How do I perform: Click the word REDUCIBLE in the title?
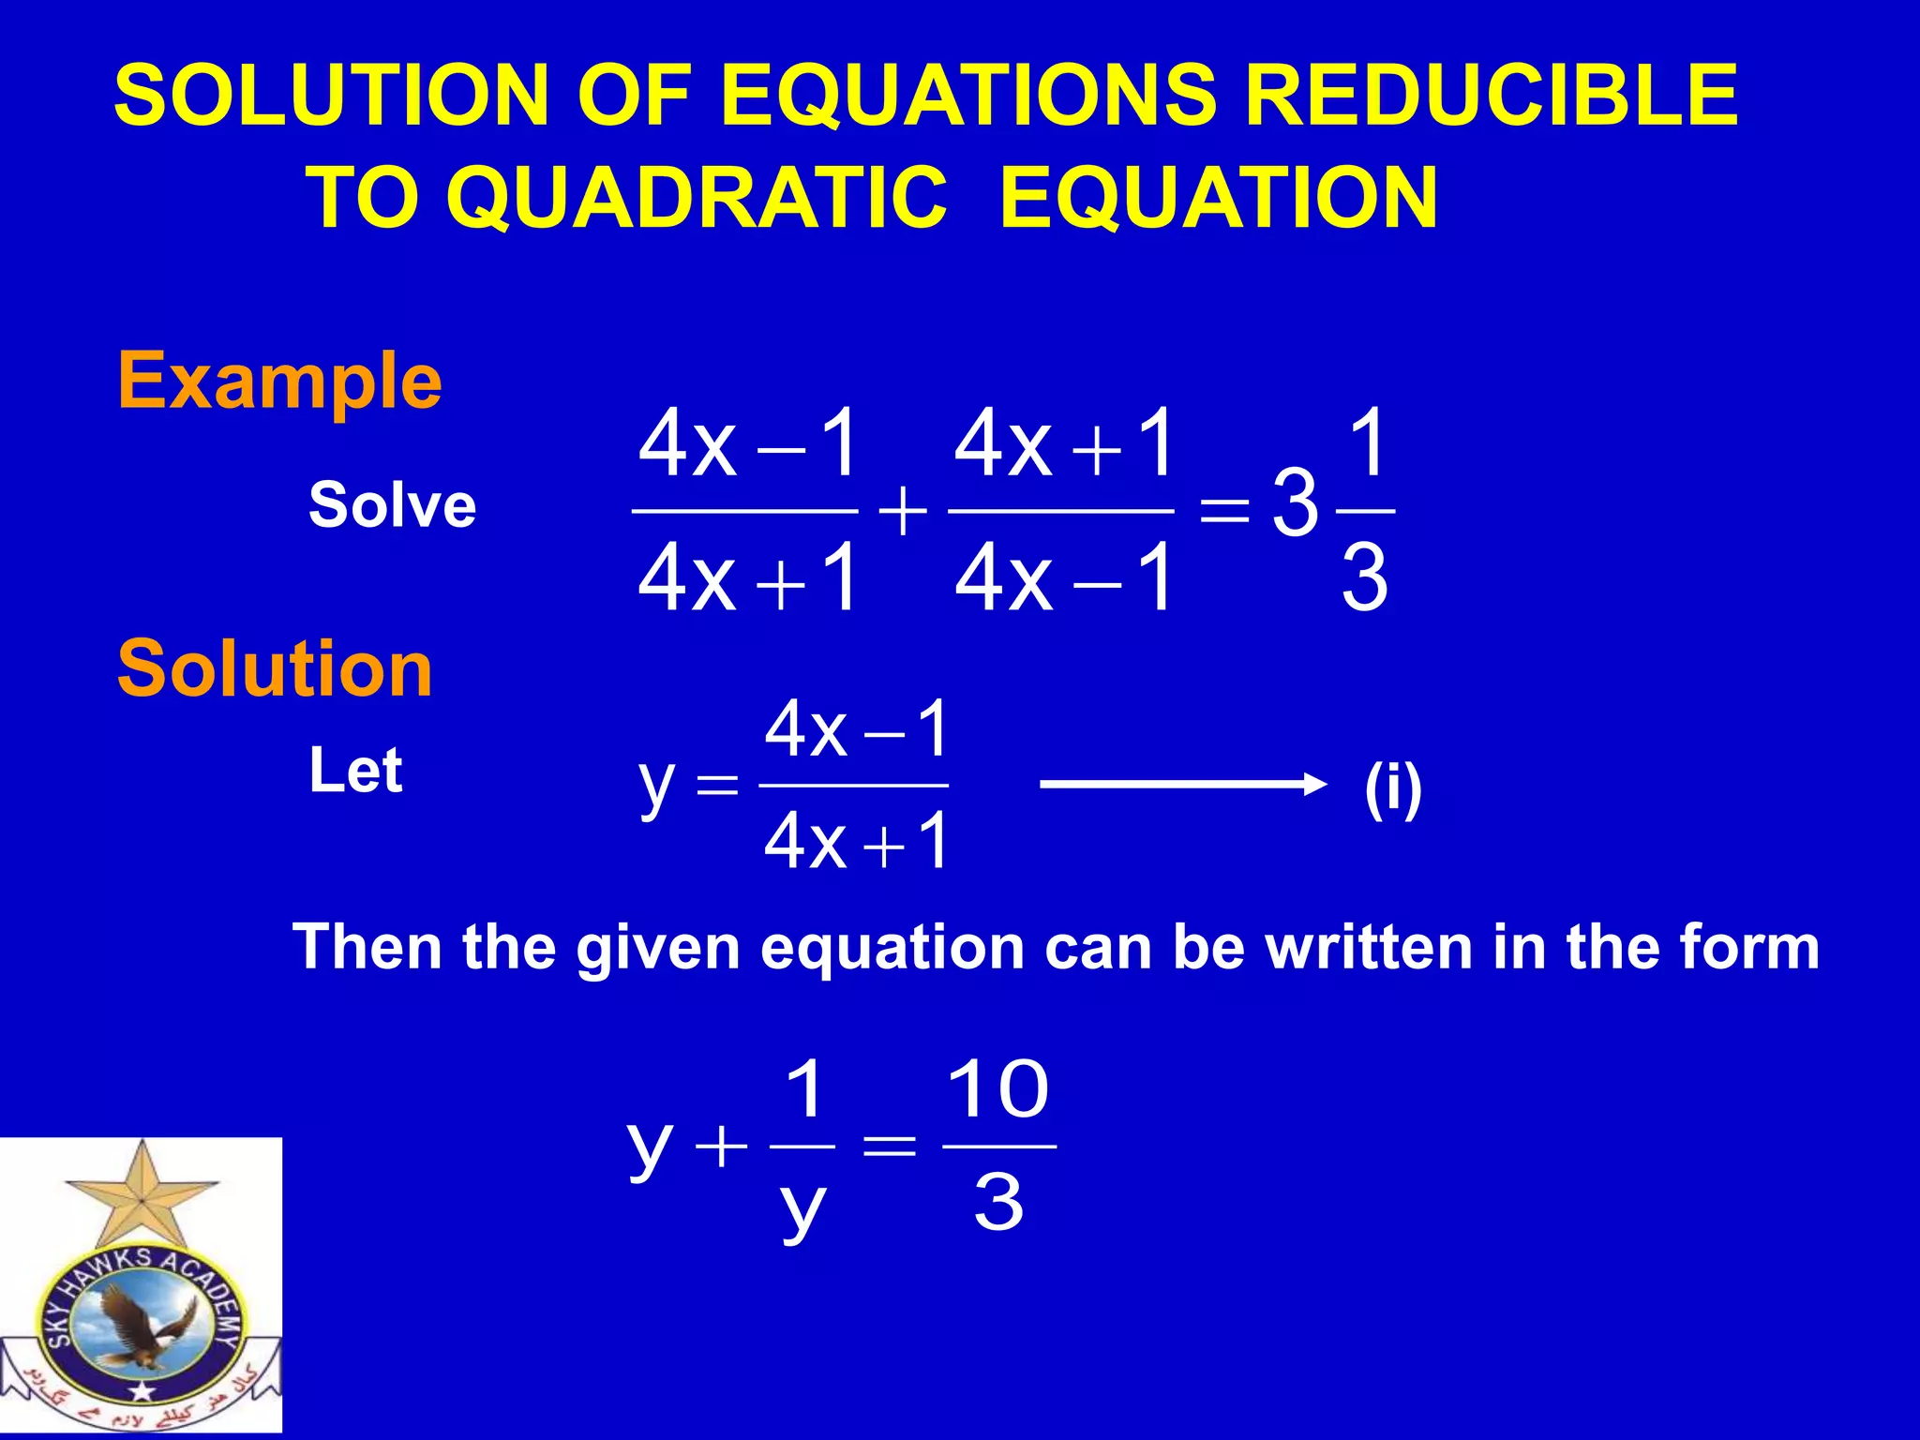pos(1491,95)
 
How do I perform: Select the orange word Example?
pos(279,381)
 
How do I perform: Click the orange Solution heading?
pos(275,668)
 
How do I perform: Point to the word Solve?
pos(393,504)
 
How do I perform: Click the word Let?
pos(356,771)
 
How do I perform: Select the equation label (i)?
pos(1393,789)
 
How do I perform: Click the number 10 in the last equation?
pos(997,1089)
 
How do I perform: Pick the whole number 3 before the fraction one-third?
pos(1296,506)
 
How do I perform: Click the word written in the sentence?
pos(1370,947)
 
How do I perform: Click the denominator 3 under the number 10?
pos(998,1202)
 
